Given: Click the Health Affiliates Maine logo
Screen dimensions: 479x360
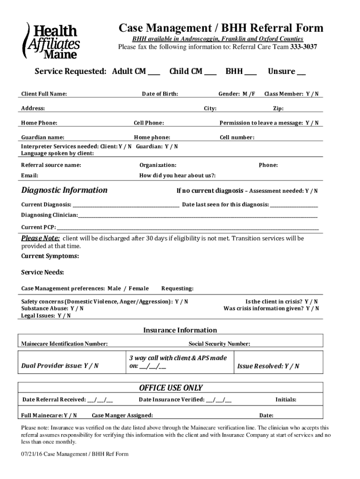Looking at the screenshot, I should pos(52,41).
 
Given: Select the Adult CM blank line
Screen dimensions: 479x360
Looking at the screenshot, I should pos(154,73).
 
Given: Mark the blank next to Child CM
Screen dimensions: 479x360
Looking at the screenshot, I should pos(210,73).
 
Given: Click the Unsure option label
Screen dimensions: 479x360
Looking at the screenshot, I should pos(281,72).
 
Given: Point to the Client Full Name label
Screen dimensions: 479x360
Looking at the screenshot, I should pos(44,94).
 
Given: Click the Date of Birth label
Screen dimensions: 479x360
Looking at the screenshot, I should pos(160,94).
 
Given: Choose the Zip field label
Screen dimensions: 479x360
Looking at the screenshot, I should pos(278,109).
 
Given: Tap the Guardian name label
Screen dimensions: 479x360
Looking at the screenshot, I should pos(43,138).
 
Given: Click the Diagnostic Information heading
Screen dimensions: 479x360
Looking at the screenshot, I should pos(65,190).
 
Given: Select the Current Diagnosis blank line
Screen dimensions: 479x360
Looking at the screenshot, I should pos(126,205).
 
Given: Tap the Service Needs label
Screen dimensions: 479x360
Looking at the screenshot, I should pos(43,272).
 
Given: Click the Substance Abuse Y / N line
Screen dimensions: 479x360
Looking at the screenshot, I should pos(53,309).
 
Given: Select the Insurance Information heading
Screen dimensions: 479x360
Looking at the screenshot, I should pos(180,330).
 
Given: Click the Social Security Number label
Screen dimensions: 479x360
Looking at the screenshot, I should pos(219,344).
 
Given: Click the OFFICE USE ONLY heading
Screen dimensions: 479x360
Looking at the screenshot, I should pos(171,388).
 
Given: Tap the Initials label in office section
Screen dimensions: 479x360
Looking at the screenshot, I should pos(286,400).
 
